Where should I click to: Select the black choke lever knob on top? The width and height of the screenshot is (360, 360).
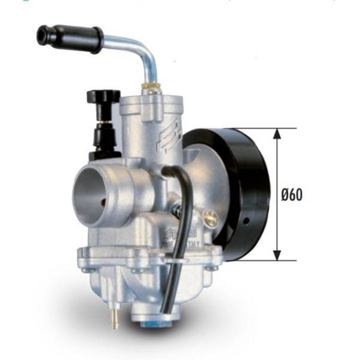(x=103, y=96)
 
